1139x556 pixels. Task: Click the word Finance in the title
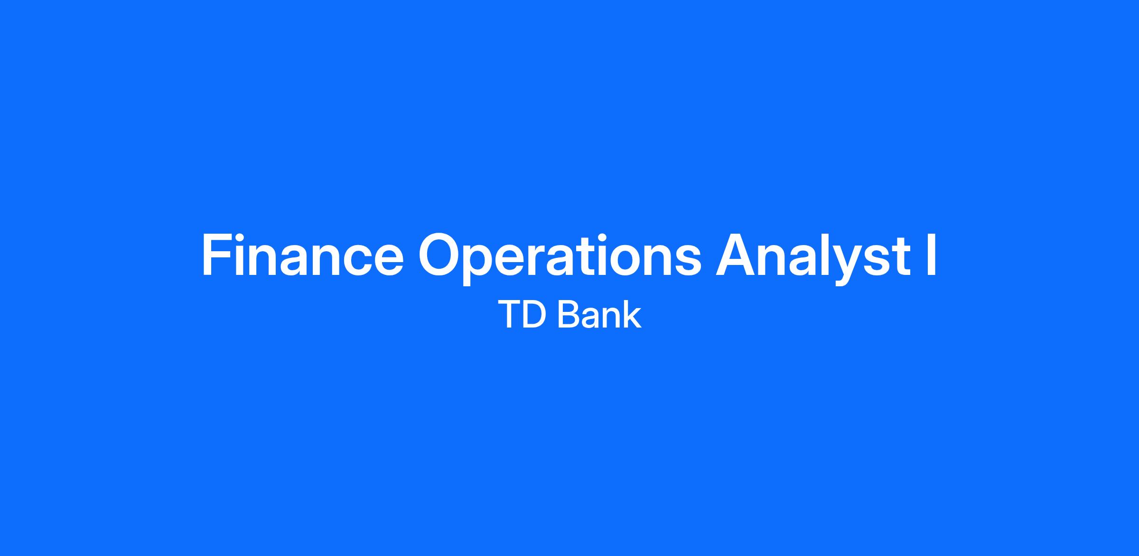[x=303, y=255]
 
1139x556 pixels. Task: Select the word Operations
[x=560, y=259]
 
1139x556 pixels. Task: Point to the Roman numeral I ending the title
[x=932, y=255]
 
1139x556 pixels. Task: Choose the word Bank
[x=599, y=314]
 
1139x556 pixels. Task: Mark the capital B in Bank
[x=567, y=314]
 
